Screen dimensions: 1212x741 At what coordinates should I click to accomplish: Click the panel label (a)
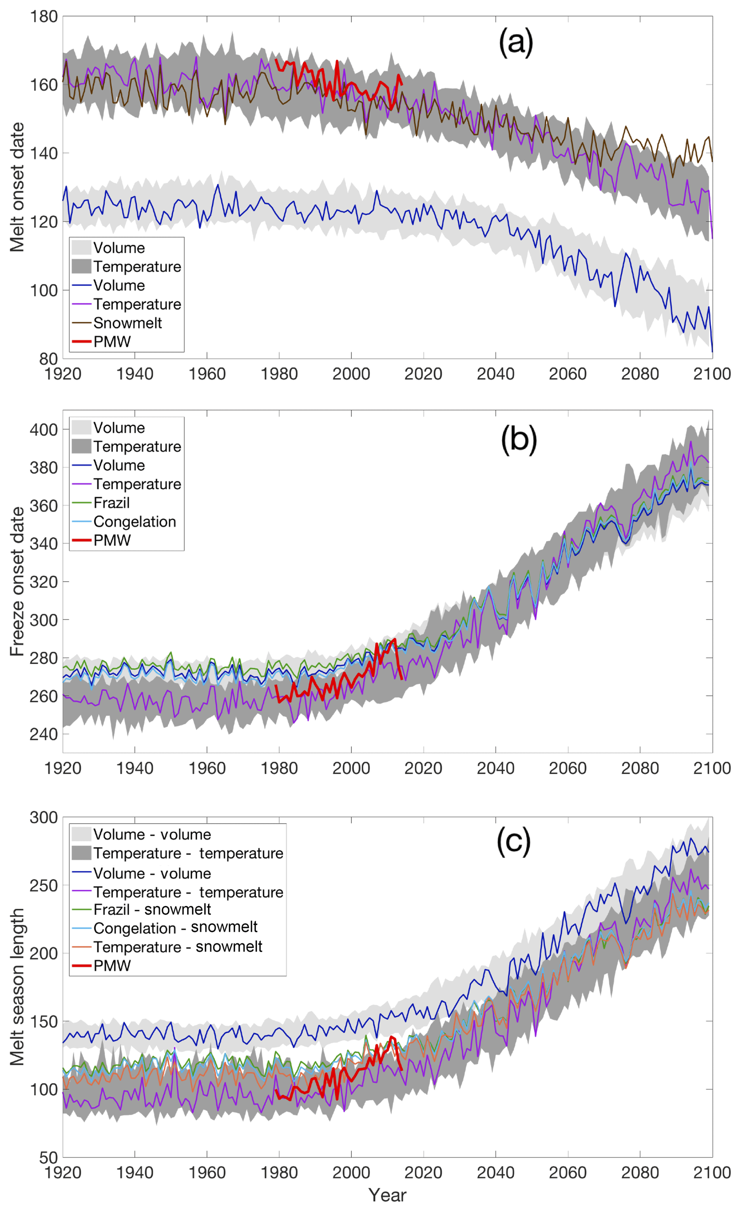click(515, 43)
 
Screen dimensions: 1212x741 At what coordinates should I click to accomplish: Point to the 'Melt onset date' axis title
click(17, 187)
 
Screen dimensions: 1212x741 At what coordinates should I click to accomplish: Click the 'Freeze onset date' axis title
click(17, 581)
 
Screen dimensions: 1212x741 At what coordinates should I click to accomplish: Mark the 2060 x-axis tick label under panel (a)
click(567, 374)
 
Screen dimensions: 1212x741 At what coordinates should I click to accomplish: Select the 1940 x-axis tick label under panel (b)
click(134, 768)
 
